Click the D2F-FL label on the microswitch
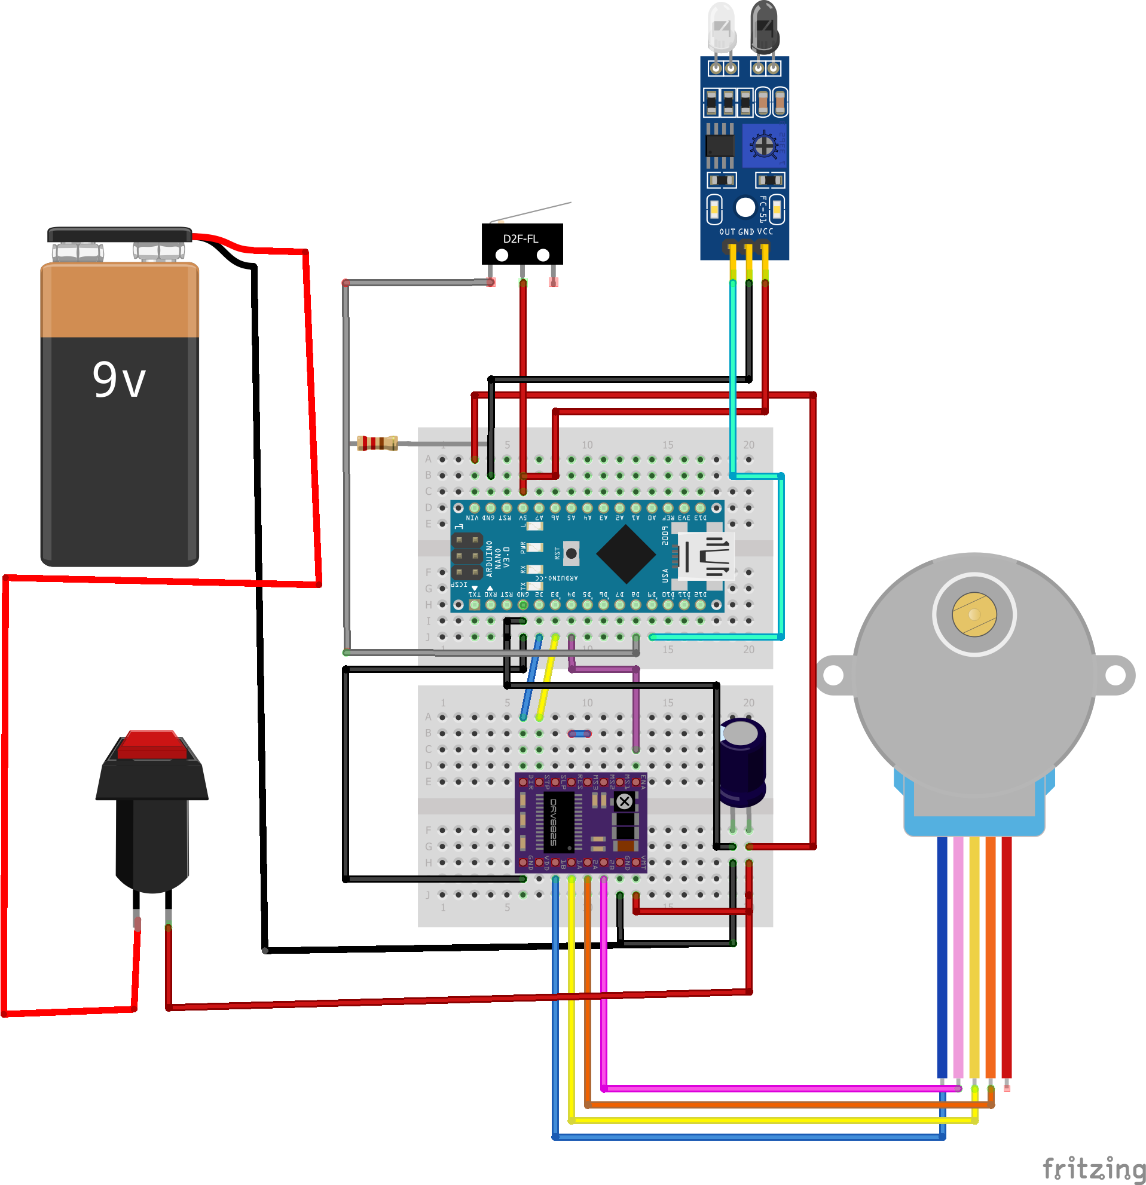pyautogui.click(x=521, y=239)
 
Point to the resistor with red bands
pyautogui.click(x=377, y=443)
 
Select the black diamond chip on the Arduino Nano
pyautogui.click(x=626, y=553)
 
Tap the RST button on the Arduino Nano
pyautogui.click(x=571, y=553)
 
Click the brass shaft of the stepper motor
pyautogui.click(x=974, y=614)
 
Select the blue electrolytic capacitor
pyautogui.click(x=742, y=762)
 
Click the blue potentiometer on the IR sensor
pyautogui.click(x=764, y=146)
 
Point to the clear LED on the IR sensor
pyautogui.click(x=722, y=27)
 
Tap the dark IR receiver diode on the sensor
pyautogui.click(x=765, y=27)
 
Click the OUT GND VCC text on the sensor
pyautogui.click(x=745, y=231)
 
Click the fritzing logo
pyautogui.click(x=1093, y=1168)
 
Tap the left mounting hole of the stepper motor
pyautogui.click(x=833, y=675)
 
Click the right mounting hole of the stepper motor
pyautogui.click(x=1115, y=675)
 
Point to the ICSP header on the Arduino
pyautogui.click(x=467, y=555)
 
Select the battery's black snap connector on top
pyautogui.click(x=119, y=235)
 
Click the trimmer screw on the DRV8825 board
pyautogui.click(x=624, y=802)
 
